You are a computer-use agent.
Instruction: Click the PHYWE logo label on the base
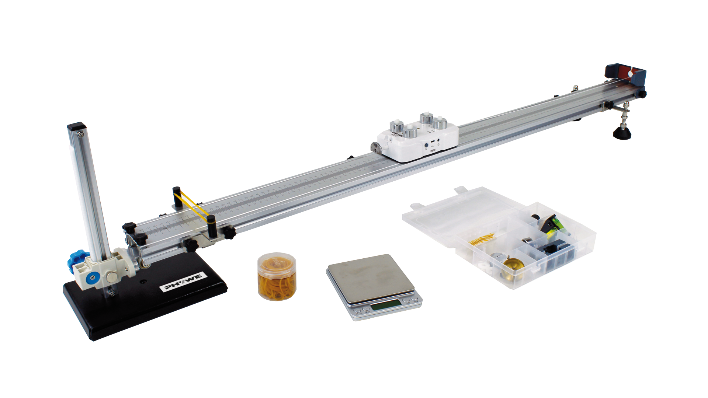tap(183, 282)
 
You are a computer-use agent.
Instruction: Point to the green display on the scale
tap(386, 305)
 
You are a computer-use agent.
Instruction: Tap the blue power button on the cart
tap(427, 144)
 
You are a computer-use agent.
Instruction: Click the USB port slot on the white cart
tap(433, 142)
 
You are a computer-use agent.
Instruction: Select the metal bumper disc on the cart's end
tap(376, 149)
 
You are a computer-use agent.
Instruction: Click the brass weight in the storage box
tap(511, 266)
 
